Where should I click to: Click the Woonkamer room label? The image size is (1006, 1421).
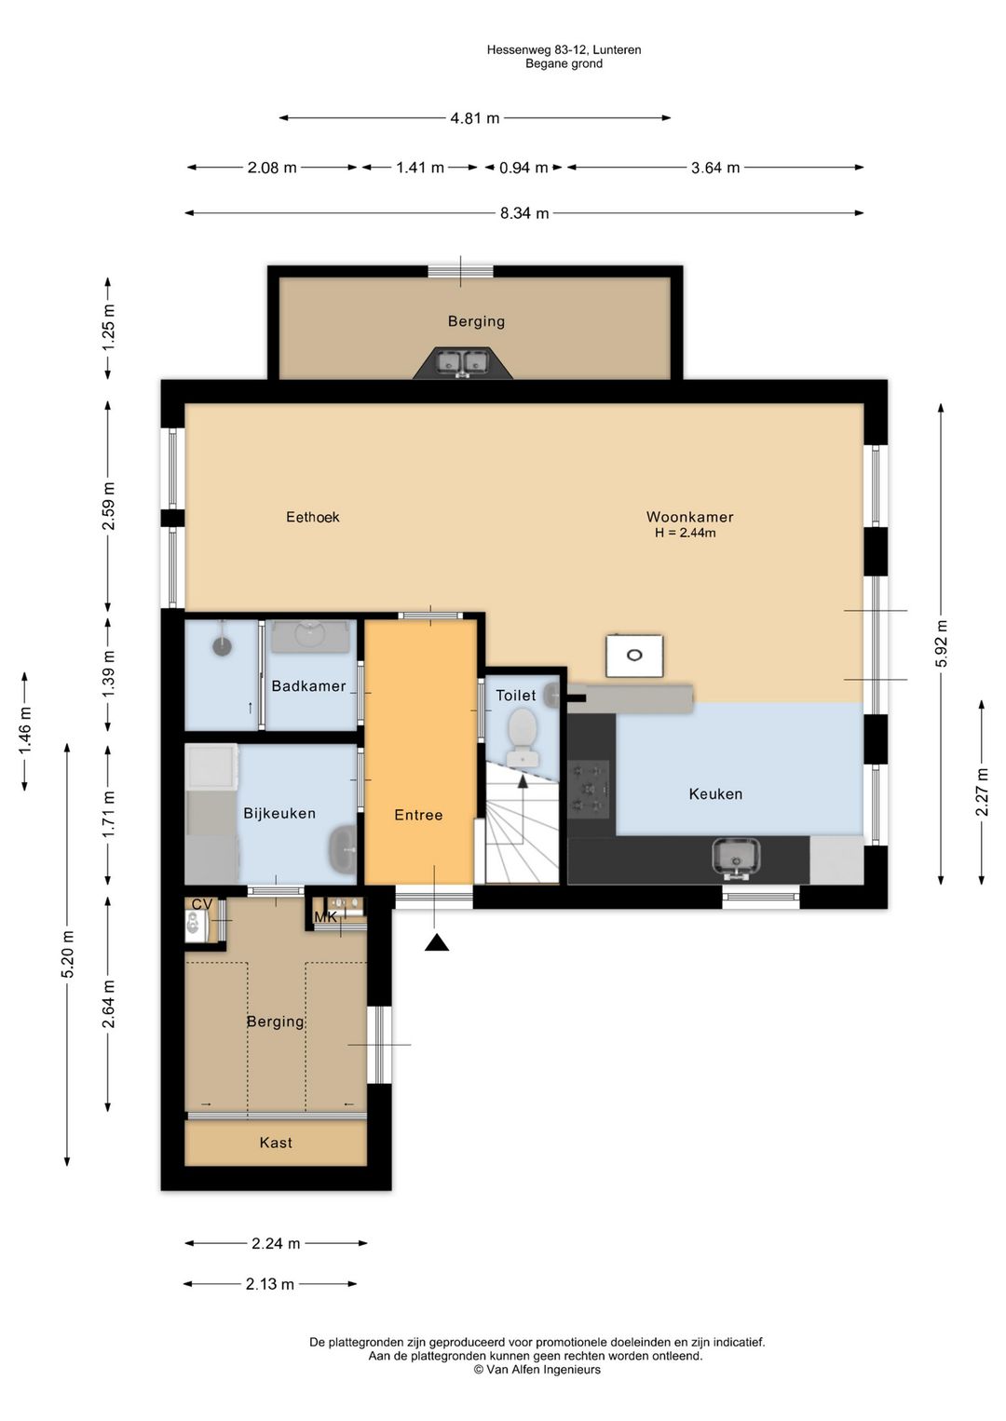click(689, 517)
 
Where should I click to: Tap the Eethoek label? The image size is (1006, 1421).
click(312, 517)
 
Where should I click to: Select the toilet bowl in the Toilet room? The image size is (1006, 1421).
click(523, 736)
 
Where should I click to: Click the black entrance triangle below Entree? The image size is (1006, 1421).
click(437, 942)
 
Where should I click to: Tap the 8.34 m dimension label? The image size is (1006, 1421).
click(524, 213)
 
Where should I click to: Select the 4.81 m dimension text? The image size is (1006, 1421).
click(475, 118)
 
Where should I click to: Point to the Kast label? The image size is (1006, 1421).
click(276, 1143)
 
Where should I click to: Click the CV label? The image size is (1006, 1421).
click(201, 904)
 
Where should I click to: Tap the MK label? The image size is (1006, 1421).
click(326, 917)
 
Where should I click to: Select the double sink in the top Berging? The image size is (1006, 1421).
click(462, 362)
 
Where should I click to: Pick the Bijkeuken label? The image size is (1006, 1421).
click(279, 813)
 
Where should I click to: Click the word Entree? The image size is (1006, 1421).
click(418, 815)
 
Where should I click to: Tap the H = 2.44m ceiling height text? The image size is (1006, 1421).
click(686, 533)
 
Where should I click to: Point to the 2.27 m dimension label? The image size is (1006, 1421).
click(982, 792)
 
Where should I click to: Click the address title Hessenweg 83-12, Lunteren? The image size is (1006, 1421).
click(564, 49)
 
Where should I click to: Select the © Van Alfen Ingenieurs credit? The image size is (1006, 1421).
click(537, 1370)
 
